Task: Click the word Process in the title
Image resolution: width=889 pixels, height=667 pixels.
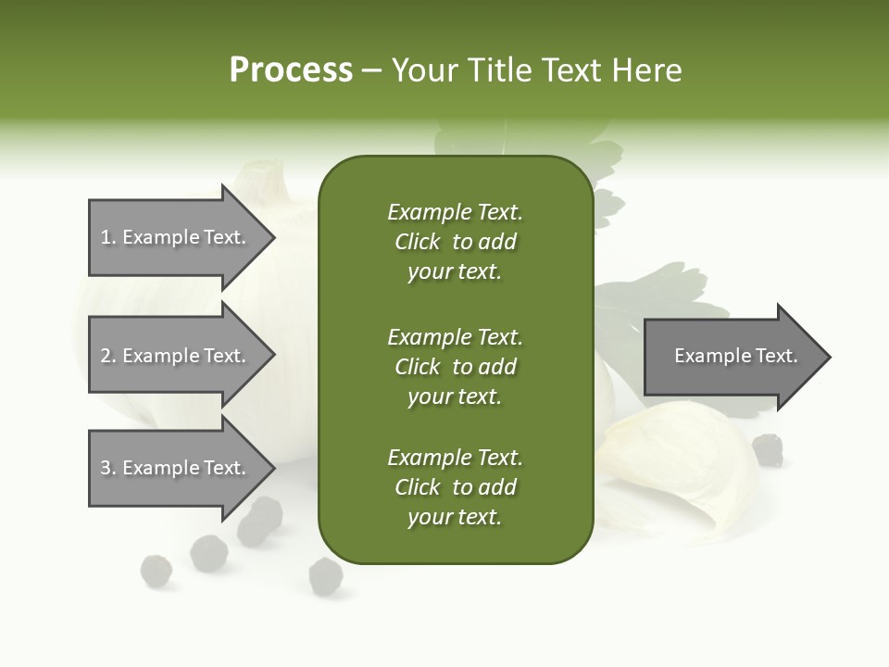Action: pyautogui.click(x=291, y=70)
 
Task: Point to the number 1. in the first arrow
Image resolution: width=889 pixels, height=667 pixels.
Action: pyautogui.click(x=108, y=238)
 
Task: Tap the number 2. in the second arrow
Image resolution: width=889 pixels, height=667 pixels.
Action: pyautogui.click(x=108, y=356)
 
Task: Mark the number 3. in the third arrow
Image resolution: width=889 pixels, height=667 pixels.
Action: pyautogui.click(x=108, y=468)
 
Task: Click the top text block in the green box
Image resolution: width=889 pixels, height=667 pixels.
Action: pyautogui.click(x=455, y=242)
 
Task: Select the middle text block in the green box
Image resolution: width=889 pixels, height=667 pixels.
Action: pyautogui.click(x=455, y=366)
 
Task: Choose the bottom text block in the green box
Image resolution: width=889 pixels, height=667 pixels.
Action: pyautogui.click(x=455, y=487)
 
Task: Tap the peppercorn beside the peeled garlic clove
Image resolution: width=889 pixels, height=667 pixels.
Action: pyautogui.click(x=767, y=449)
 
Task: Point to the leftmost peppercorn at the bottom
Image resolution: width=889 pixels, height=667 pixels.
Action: pyautogui.click(x=156, y=571)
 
